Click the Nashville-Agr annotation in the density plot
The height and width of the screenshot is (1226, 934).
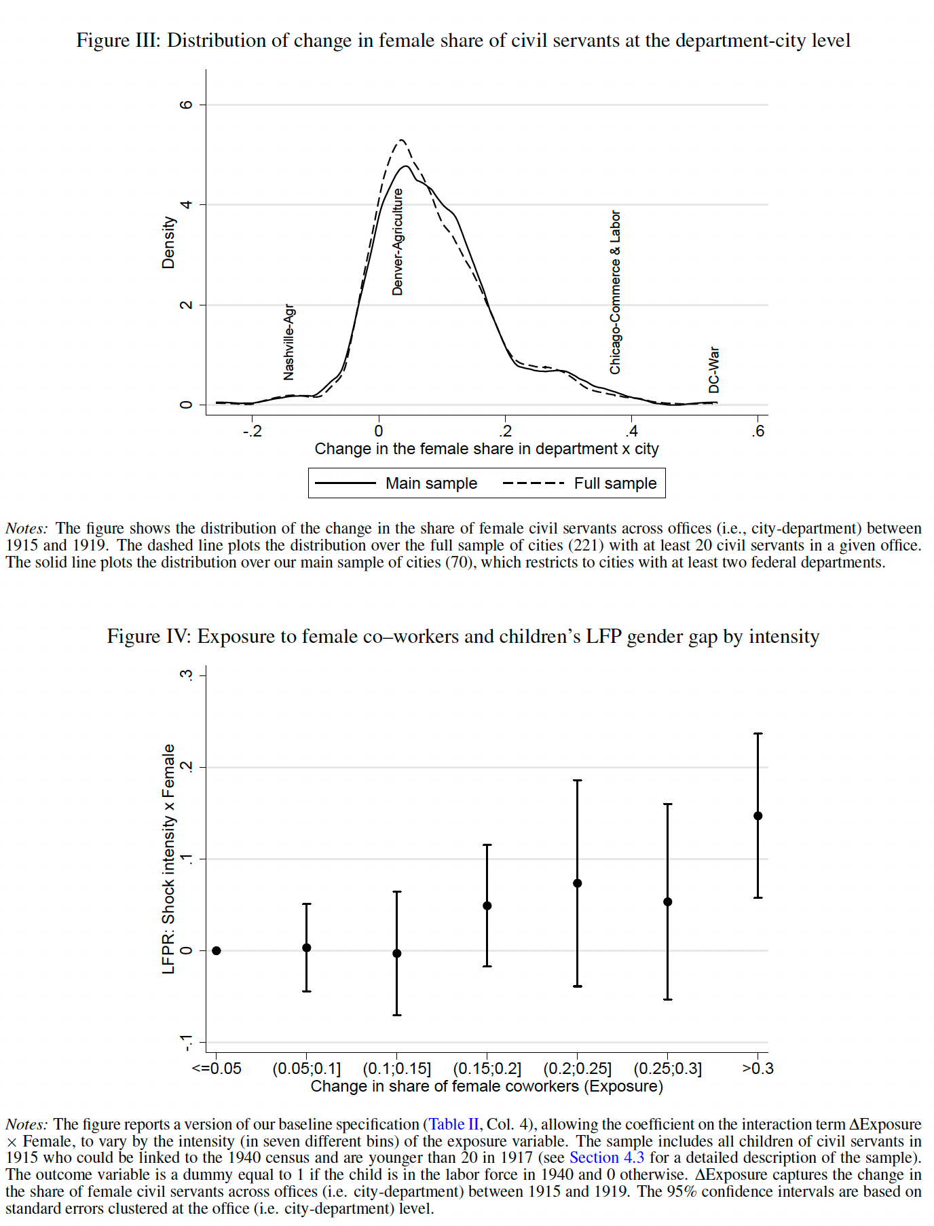click(x=289, y=342)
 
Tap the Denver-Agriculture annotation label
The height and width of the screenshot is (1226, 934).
click(x=398, y=242)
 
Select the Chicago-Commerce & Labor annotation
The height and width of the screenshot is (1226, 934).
click(x=615, y=292)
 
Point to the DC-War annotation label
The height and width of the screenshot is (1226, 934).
click(x=713, y=370)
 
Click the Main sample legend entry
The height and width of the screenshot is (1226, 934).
click(x=431, y=483)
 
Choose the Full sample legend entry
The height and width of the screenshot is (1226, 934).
click(x=615, y=483)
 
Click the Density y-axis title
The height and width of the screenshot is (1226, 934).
click(x=168, y=242)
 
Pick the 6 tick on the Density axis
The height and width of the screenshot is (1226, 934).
click(x=186, y=105)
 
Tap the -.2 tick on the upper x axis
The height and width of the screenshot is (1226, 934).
click(x=252, y=431)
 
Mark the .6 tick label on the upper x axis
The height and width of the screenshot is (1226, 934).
click(x=758, y=431)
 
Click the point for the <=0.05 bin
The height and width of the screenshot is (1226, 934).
click(x=217, y=950)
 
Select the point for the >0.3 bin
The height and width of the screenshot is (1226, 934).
click(x=758, y=816)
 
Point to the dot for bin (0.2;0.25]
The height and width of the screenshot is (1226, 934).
click(x=578, y=883)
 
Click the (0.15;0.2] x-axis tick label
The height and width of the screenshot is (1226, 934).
click(x=487, y=1069)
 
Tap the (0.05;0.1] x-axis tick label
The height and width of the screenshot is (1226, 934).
click(x=306, y=1069)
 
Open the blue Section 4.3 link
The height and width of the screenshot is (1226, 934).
click(x=607, y=1157)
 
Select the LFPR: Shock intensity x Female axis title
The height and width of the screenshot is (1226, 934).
click(x=168, y=859)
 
